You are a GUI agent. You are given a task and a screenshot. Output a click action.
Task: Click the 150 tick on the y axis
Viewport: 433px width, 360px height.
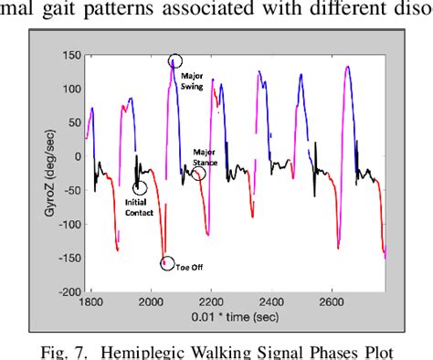[x=67, y=55]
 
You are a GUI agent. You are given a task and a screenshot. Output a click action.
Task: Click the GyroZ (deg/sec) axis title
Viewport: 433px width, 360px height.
[x=43, y=173]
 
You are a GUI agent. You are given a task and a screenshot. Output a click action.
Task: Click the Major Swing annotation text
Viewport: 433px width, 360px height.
[x=194, y=81]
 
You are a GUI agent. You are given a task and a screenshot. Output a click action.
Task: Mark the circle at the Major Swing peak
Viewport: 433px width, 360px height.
[x=174, y=62]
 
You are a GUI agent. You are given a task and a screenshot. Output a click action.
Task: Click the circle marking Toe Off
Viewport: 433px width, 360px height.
[x=166, y=264]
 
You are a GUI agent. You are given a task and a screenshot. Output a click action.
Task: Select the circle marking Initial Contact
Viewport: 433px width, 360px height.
[x=140, y=188]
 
